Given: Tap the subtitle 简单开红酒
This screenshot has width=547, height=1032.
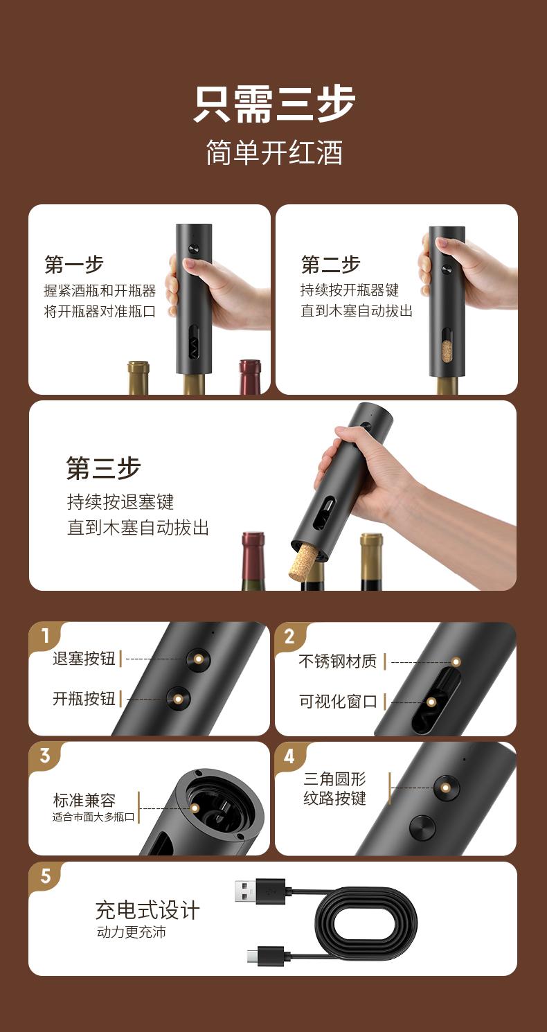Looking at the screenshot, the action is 274,152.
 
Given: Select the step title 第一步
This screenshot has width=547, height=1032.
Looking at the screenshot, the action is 73,264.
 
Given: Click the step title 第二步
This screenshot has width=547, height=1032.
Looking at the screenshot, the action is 330,263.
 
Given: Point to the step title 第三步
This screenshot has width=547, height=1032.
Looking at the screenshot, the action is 103,468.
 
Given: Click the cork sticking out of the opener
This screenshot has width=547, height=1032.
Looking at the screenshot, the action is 302,560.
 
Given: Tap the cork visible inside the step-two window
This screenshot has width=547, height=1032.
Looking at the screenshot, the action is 447,352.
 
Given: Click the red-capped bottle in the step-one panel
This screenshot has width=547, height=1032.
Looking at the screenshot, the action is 250,376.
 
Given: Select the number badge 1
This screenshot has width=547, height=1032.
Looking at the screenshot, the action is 46,636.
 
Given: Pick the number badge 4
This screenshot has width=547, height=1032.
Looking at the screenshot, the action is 289,756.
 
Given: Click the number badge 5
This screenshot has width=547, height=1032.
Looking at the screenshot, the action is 46,875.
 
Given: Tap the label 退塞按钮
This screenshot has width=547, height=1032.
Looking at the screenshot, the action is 84,659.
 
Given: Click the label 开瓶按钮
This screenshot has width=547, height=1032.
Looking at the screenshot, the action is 84,698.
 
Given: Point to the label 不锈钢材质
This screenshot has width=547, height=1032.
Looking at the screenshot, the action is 337,661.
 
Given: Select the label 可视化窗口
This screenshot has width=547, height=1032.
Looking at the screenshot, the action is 337,701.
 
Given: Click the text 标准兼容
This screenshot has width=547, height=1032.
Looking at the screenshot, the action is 84,800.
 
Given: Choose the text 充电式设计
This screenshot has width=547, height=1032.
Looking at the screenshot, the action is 147,910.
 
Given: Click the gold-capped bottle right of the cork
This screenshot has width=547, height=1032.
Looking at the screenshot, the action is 371,562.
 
